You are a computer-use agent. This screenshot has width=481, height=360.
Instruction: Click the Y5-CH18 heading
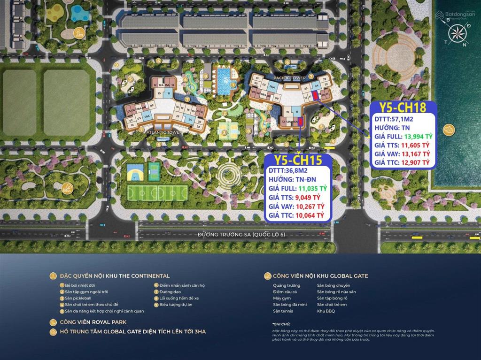[x=403, y=107]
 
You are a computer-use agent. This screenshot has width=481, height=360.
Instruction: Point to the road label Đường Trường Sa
[x=241, y=235]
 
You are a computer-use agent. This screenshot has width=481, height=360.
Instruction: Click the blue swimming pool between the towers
[x=223, y=81]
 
